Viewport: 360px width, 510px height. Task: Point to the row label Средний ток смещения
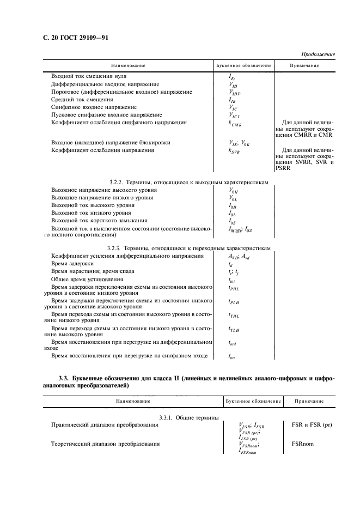82,100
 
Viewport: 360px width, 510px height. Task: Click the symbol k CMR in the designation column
235,124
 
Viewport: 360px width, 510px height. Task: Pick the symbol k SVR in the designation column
234,151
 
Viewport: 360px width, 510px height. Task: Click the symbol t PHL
234,287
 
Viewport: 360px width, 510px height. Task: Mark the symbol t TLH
234,329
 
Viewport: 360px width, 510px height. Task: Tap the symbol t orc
233,356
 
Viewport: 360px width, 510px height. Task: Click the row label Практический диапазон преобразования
105,425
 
